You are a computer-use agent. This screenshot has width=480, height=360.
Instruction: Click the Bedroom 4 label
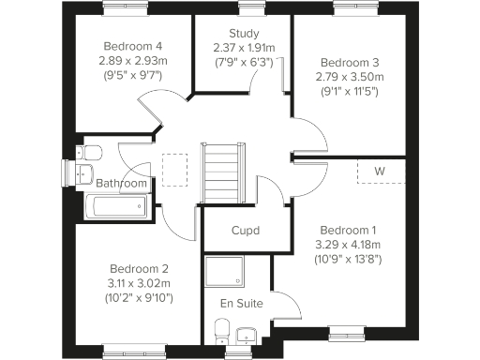pyautogui.click(x=132, y=45)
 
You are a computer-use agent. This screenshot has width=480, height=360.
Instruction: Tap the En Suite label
pyautogui.click(x=241, y=303)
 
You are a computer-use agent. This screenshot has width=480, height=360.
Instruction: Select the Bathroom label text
pyautogui.click(x=122, y=184)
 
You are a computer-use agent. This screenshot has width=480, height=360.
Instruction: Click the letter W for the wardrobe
pyautogui.click(x=380, y=172)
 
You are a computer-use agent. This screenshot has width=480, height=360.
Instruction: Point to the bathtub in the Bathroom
pyautogui.click(x=113, y=207)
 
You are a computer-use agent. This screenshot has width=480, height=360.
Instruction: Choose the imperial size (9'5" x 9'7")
pyautogui.click(x=132, y=75)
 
